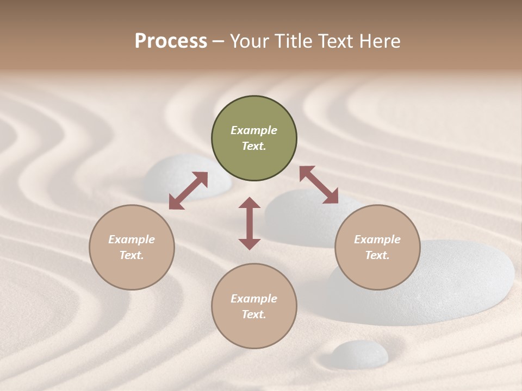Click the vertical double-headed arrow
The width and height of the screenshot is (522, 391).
[250, 223]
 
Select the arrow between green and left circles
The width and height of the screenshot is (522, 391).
[188, 191]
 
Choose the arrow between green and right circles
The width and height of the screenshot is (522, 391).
[319, 185]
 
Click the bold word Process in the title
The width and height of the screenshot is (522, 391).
[171, 41]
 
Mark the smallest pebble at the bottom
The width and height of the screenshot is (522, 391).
[360, 354]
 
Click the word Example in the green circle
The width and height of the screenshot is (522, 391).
[254, 130]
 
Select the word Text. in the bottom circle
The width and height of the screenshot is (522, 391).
[254, 314]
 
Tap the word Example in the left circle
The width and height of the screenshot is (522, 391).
[132, 239]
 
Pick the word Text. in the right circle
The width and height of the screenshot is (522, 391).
[377, 255]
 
